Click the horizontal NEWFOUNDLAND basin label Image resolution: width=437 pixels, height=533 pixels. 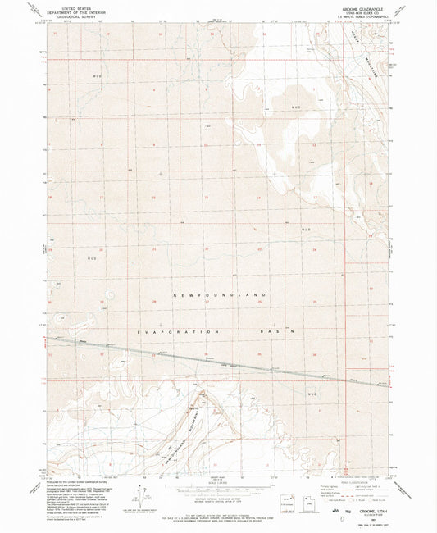tap(221, 294)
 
